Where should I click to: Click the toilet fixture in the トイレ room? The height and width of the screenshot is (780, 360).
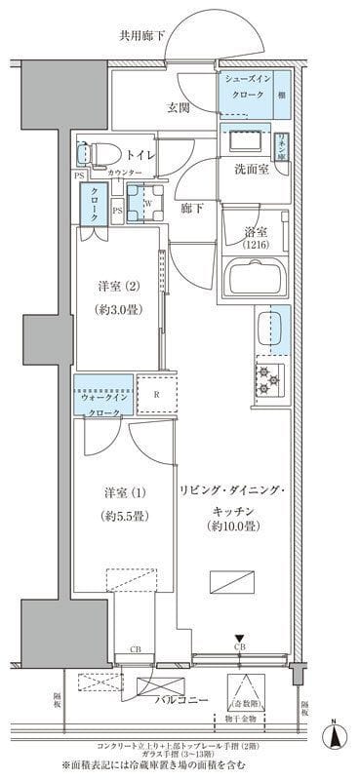pyautogui.click(x=95, y=152)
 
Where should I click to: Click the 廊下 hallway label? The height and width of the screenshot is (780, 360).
pyautogui.click(x=191, y=207)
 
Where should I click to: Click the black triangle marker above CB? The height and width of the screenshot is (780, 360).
pyautogui.click(x=239, y=640)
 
